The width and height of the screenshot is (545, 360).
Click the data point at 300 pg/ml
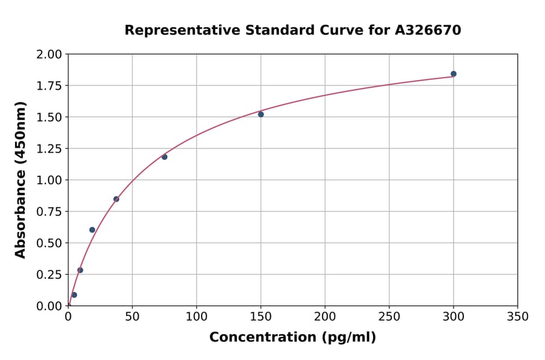(x=454, y=74)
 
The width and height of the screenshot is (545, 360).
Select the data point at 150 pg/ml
(x=261, y=115)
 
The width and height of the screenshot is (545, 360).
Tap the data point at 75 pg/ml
(x=165, y=157)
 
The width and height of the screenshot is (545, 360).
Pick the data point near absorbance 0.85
(x=116, y=199)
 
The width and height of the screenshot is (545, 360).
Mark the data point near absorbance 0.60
(x=92, y=230)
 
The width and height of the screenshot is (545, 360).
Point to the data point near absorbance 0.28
(x=80, y=270)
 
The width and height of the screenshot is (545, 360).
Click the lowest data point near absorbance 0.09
(x=74, y=295)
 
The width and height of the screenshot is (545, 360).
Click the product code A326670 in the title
(x=428, y=30)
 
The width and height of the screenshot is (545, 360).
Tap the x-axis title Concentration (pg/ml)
(x=292, y=338)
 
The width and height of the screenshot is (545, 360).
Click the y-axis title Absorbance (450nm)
(x=21, y=179)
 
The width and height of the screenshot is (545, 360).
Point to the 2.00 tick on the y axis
(x=50, y=55)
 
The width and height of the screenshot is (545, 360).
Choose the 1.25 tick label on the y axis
(x=50, y=148)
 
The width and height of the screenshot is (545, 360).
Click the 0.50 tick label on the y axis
(x=50, y=243)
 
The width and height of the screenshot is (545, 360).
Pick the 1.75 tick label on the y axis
(x=50, y=85)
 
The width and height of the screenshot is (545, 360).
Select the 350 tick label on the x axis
(x=517, y=316)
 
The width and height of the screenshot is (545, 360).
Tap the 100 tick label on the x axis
(x=196, y=316)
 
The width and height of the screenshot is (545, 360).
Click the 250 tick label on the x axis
(x=389, y=316)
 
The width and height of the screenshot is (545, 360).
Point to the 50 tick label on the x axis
(x=132, y=316)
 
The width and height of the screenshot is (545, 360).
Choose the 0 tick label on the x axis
(x=68, y=316)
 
